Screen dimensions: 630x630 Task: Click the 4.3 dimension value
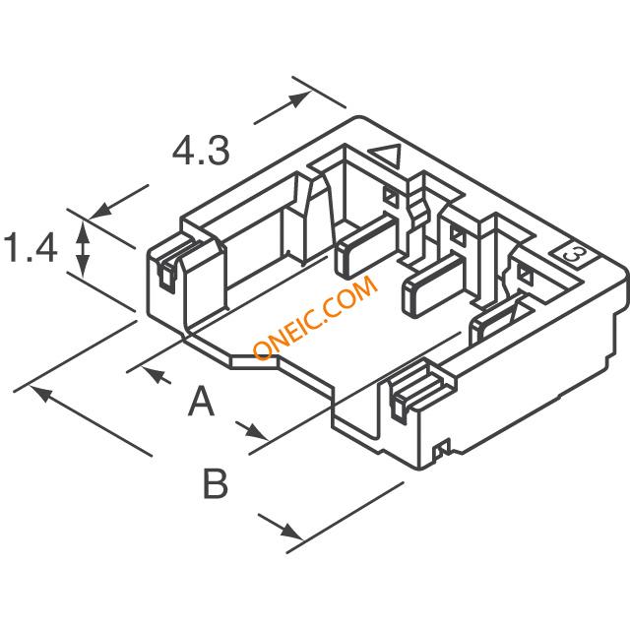click(201, 151)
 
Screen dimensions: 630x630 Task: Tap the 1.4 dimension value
click(31, 248)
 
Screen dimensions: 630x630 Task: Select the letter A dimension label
click(201, 401)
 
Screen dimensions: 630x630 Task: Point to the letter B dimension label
click(216, 483)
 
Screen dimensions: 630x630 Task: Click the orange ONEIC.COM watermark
click(315, 317)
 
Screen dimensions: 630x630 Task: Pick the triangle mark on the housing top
click(386, 156)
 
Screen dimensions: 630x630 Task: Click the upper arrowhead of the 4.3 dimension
click(300, 99)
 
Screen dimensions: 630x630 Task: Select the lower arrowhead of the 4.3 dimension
click(100, 210)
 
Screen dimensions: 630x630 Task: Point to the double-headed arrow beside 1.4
click(83, 249)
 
